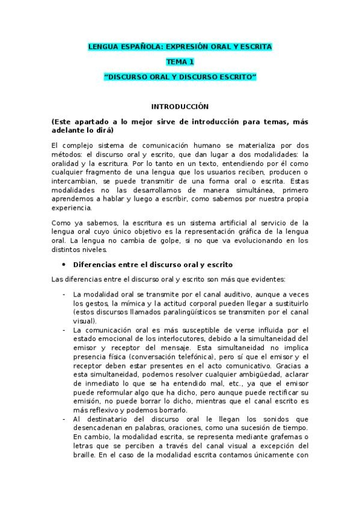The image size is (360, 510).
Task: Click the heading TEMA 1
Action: pyautogui.click(x=180, y=61)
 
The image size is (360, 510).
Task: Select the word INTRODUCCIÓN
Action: pyautogui.click(x=180, y=106)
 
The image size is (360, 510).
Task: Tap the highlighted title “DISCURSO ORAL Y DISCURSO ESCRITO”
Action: pyautogui.click(x=180, y=77)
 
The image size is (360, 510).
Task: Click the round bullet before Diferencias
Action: pyautogui.click(x=64, y=265)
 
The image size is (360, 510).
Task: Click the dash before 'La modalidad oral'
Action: pyautogui.click(x=64, y=295)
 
